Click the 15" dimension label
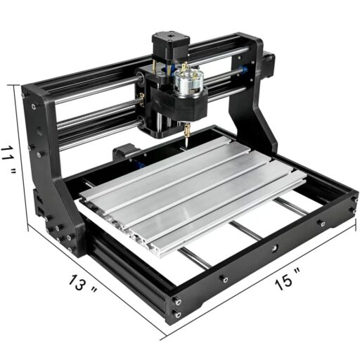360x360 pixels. pos(288,282)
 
